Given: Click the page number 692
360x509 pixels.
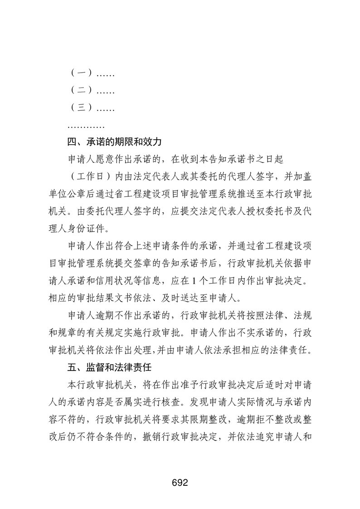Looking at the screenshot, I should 180,482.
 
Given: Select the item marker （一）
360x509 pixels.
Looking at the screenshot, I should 82,73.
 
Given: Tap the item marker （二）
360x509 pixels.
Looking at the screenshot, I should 82,90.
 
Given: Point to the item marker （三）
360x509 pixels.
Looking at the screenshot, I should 82,108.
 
